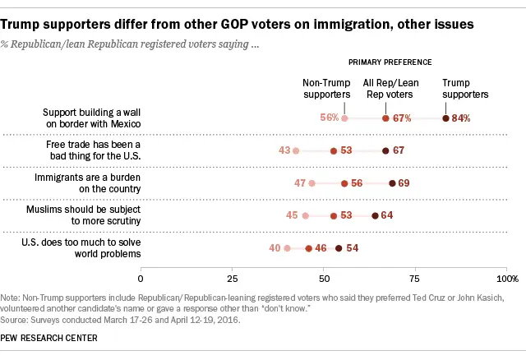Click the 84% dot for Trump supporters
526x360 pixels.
(446, 118)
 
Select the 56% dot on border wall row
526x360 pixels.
(344, 118)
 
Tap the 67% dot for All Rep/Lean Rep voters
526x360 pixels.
(385, 118)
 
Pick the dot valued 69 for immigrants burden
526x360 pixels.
(391, 183)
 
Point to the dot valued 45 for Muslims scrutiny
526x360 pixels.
(305, 216)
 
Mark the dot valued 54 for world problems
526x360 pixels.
(338, 247)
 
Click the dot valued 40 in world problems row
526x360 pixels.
(287, 247)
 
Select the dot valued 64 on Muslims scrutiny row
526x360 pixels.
(375, 216)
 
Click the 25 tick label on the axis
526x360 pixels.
(233, 279)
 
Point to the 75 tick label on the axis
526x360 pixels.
(416, 279)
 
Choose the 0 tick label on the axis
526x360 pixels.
(141, 279)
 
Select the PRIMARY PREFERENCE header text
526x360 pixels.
(390, 62)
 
